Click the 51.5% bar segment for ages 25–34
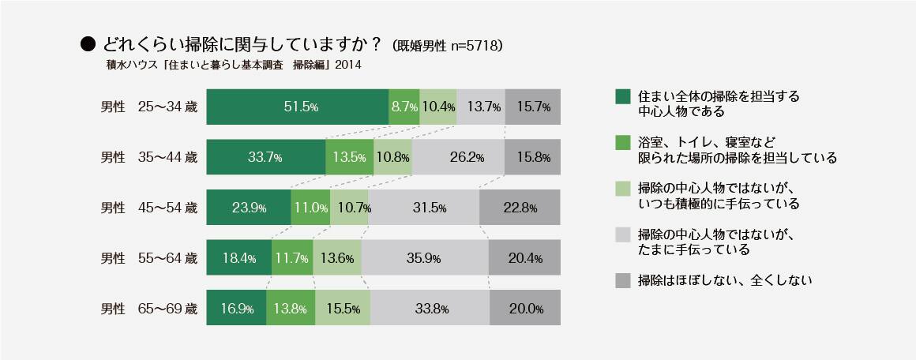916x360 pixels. (297, 107)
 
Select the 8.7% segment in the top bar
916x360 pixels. (404, 107)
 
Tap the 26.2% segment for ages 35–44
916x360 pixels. (457, 157)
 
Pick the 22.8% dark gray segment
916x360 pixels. (519, 208)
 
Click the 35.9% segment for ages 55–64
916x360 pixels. (425, 258)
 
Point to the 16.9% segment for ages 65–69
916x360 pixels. (236, 309)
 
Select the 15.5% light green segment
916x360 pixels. (343, 309)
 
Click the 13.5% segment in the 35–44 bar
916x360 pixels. (348, 157)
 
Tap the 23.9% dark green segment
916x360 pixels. (248, 208)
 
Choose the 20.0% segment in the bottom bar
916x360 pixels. (525, 309)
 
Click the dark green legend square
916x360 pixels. (622, 96)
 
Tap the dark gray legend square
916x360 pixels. (622, 280)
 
